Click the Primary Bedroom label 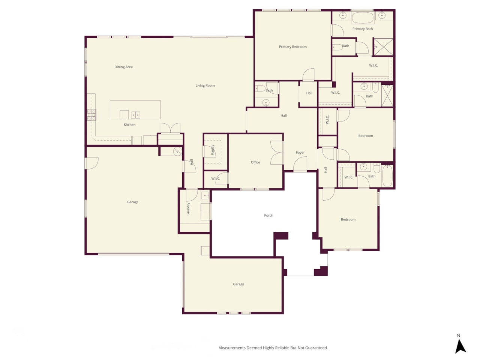[292, 46]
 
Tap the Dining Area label [123, 67]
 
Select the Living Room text [205, 85]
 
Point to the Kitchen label [130, 124]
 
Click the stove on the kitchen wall [91, 115]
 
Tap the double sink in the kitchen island [136, 115]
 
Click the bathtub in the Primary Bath [363, 18]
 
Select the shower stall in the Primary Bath [383, 47]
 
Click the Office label [255, 162]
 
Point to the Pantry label [213, 150]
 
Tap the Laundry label [188, 209]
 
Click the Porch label [268, 215]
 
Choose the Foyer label [300, 152]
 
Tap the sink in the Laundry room [205, 195]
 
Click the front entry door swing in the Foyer [300, 163]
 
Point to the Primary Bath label [363, 29]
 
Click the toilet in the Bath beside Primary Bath [337, 47]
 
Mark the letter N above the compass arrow [459, 336]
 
